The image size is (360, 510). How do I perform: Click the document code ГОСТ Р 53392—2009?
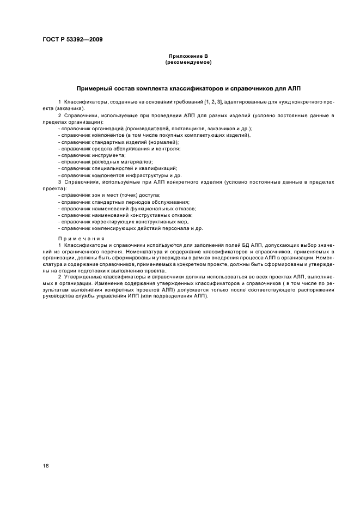point(72,39)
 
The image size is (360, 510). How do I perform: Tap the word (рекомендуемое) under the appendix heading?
point(188,63)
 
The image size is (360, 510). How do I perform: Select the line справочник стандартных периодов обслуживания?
point(123,202)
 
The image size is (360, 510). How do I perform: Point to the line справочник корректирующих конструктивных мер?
point(123,222)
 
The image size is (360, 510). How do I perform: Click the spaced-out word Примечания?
point(80,238)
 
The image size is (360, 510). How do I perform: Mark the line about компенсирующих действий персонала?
point(130,228)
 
